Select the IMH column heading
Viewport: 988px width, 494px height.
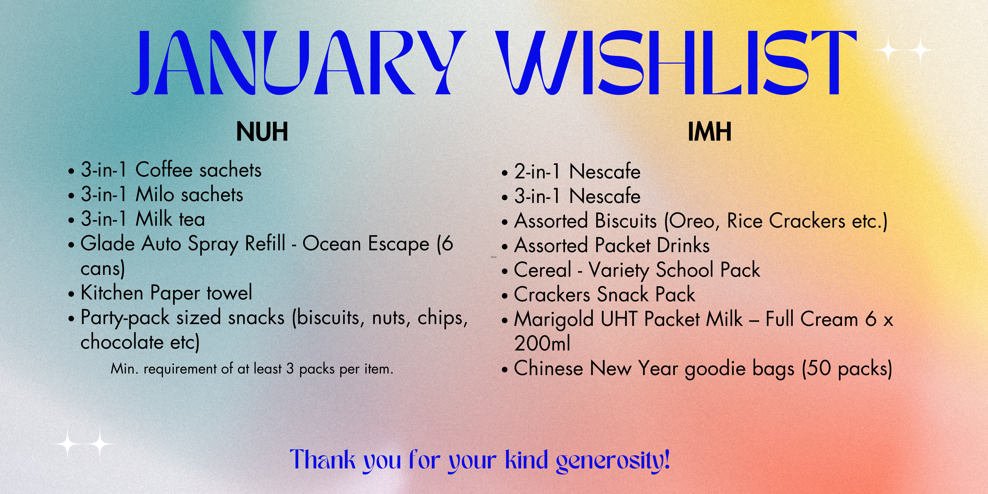coord(710,132)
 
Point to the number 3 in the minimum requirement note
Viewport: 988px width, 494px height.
coord(290,369)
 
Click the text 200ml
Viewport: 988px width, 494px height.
coord(542,343)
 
